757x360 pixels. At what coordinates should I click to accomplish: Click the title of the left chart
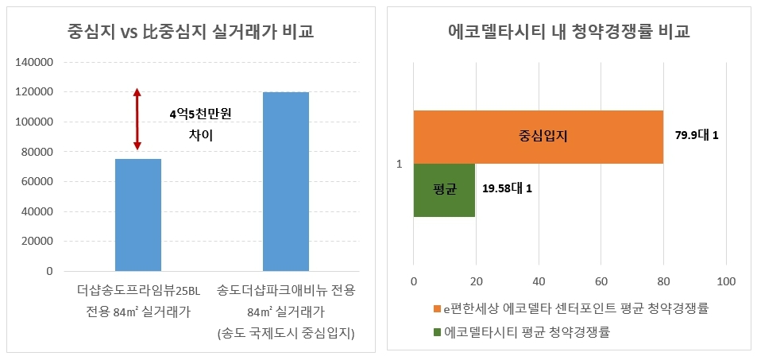click(189, 33)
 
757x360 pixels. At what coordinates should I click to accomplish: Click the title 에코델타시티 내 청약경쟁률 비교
click(569, 33)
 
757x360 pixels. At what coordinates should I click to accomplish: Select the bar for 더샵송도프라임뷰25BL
click(138, 215)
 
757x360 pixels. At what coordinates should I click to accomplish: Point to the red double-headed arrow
click(137, 119)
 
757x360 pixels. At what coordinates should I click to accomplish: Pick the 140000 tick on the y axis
click(35, 62)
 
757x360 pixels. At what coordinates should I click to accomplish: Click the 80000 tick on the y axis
click(37, 152)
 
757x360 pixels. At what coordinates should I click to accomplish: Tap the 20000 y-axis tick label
click(37, 241)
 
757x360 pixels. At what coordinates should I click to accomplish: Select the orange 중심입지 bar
click(538, 137)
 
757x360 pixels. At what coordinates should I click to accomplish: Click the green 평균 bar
click(444, 190)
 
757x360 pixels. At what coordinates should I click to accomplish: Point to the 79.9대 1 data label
click(697, 136)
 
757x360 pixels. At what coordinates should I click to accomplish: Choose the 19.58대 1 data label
click(507, 189)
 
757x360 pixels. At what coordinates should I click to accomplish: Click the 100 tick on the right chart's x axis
click(726, 282)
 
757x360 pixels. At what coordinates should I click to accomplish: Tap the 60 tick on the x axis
click(601, 282)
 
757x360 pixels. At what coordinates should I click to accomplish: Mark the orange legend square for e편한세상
click(436, 308)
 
